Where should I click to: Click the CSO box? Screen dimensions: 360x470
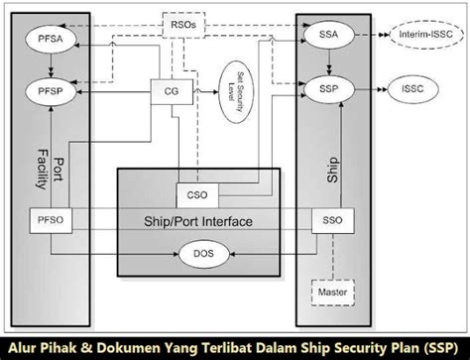click(194, 192)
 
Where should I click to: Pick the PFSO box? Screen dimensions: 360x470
click(50, 220)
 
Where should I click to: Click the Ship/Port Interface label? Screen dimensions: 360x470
click(199, 220)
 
